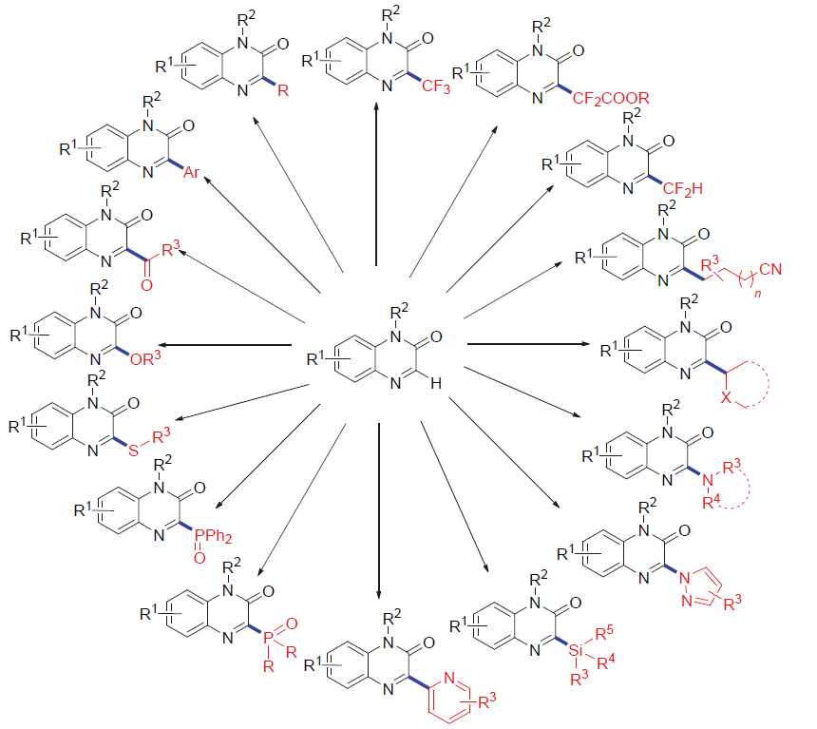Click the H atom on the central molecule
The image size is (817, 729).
[435, 381]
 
